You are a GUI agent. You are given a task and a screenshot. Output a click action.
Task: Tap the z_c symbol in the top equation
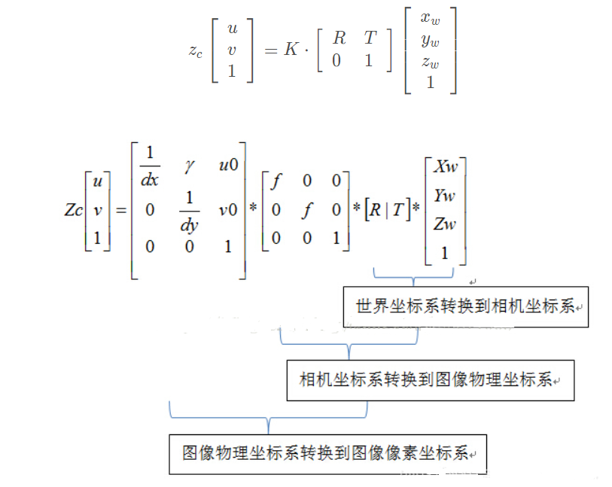point(194,51)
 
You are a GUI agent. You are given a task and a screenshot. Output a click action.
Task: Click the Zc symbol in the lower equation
point(74,210)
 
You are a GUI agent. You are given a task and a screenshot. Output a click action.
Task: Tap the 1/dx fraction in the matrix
point(149,166)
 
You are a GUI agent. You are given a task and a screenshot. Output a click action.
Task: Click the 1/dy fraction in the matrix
point(188,210)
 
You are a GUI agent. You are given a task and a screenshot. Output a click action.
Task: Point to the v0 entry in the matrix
point(228,210)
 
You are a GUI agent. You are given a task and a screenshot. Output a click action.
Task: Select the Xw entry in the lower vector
point(446,166)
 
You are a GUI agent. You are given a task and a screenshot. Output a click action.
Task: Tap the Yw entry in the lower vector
point(445,196)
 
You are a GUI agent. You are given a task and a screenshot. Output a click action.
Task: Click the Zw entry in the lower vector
point(445,224)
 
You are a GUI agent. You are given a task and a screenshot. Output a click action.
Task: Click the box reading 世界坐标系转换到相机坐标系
point(465,306)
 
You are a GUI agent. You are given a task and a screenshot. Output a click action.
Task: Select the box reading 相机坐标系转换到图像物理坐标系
point(430,379)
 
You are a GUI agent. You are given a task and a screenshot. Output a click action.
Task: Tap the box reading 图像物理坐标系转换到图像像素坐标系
point(327,454)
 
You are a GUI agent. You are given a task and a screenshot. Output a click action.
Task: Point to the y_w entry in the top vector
point(431,41)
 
